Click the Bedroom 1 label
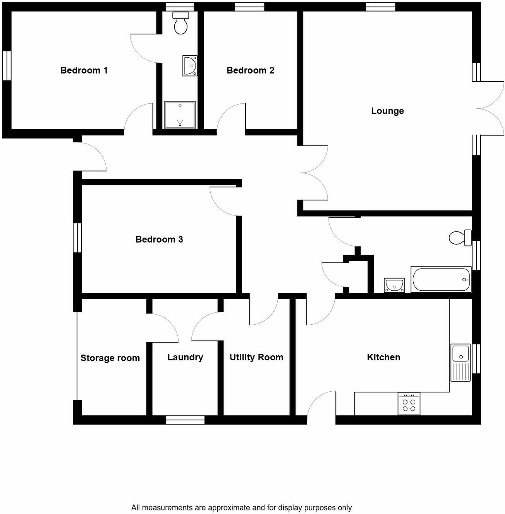click(x=84, y=70)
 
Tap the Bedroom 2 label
click(x=250, y=70)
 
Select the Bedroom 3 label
click(x=159, y=240)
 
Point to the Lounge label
click(x=387, y=111)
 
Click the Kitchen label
click(x=383, y=357)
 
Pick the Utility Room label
click(x=256, y=357)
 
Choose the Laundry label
click(x=185, y=357)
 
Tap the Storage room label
click(x=110, y=358)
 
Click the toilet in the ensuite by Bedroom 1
click(x=181, y=23)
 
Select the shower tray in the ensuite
click(x=180, y=115)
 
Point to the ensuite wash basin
click(x=190, y=66)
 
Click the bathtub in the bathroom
click(x=441, y=279)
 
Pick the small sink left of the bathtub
click(x=394, y=285)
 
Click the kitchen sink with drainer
click(x=460, y=362)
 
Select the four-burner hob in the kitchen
click(x=409, y=404)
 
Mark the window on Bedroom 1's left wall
click(x=7, y=66)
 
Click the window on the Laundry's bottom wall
click(x=185, y=420)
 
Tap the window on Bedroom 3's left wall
click(x=77, y=238)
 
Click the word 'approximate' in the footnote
click(x=231, y=507)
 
